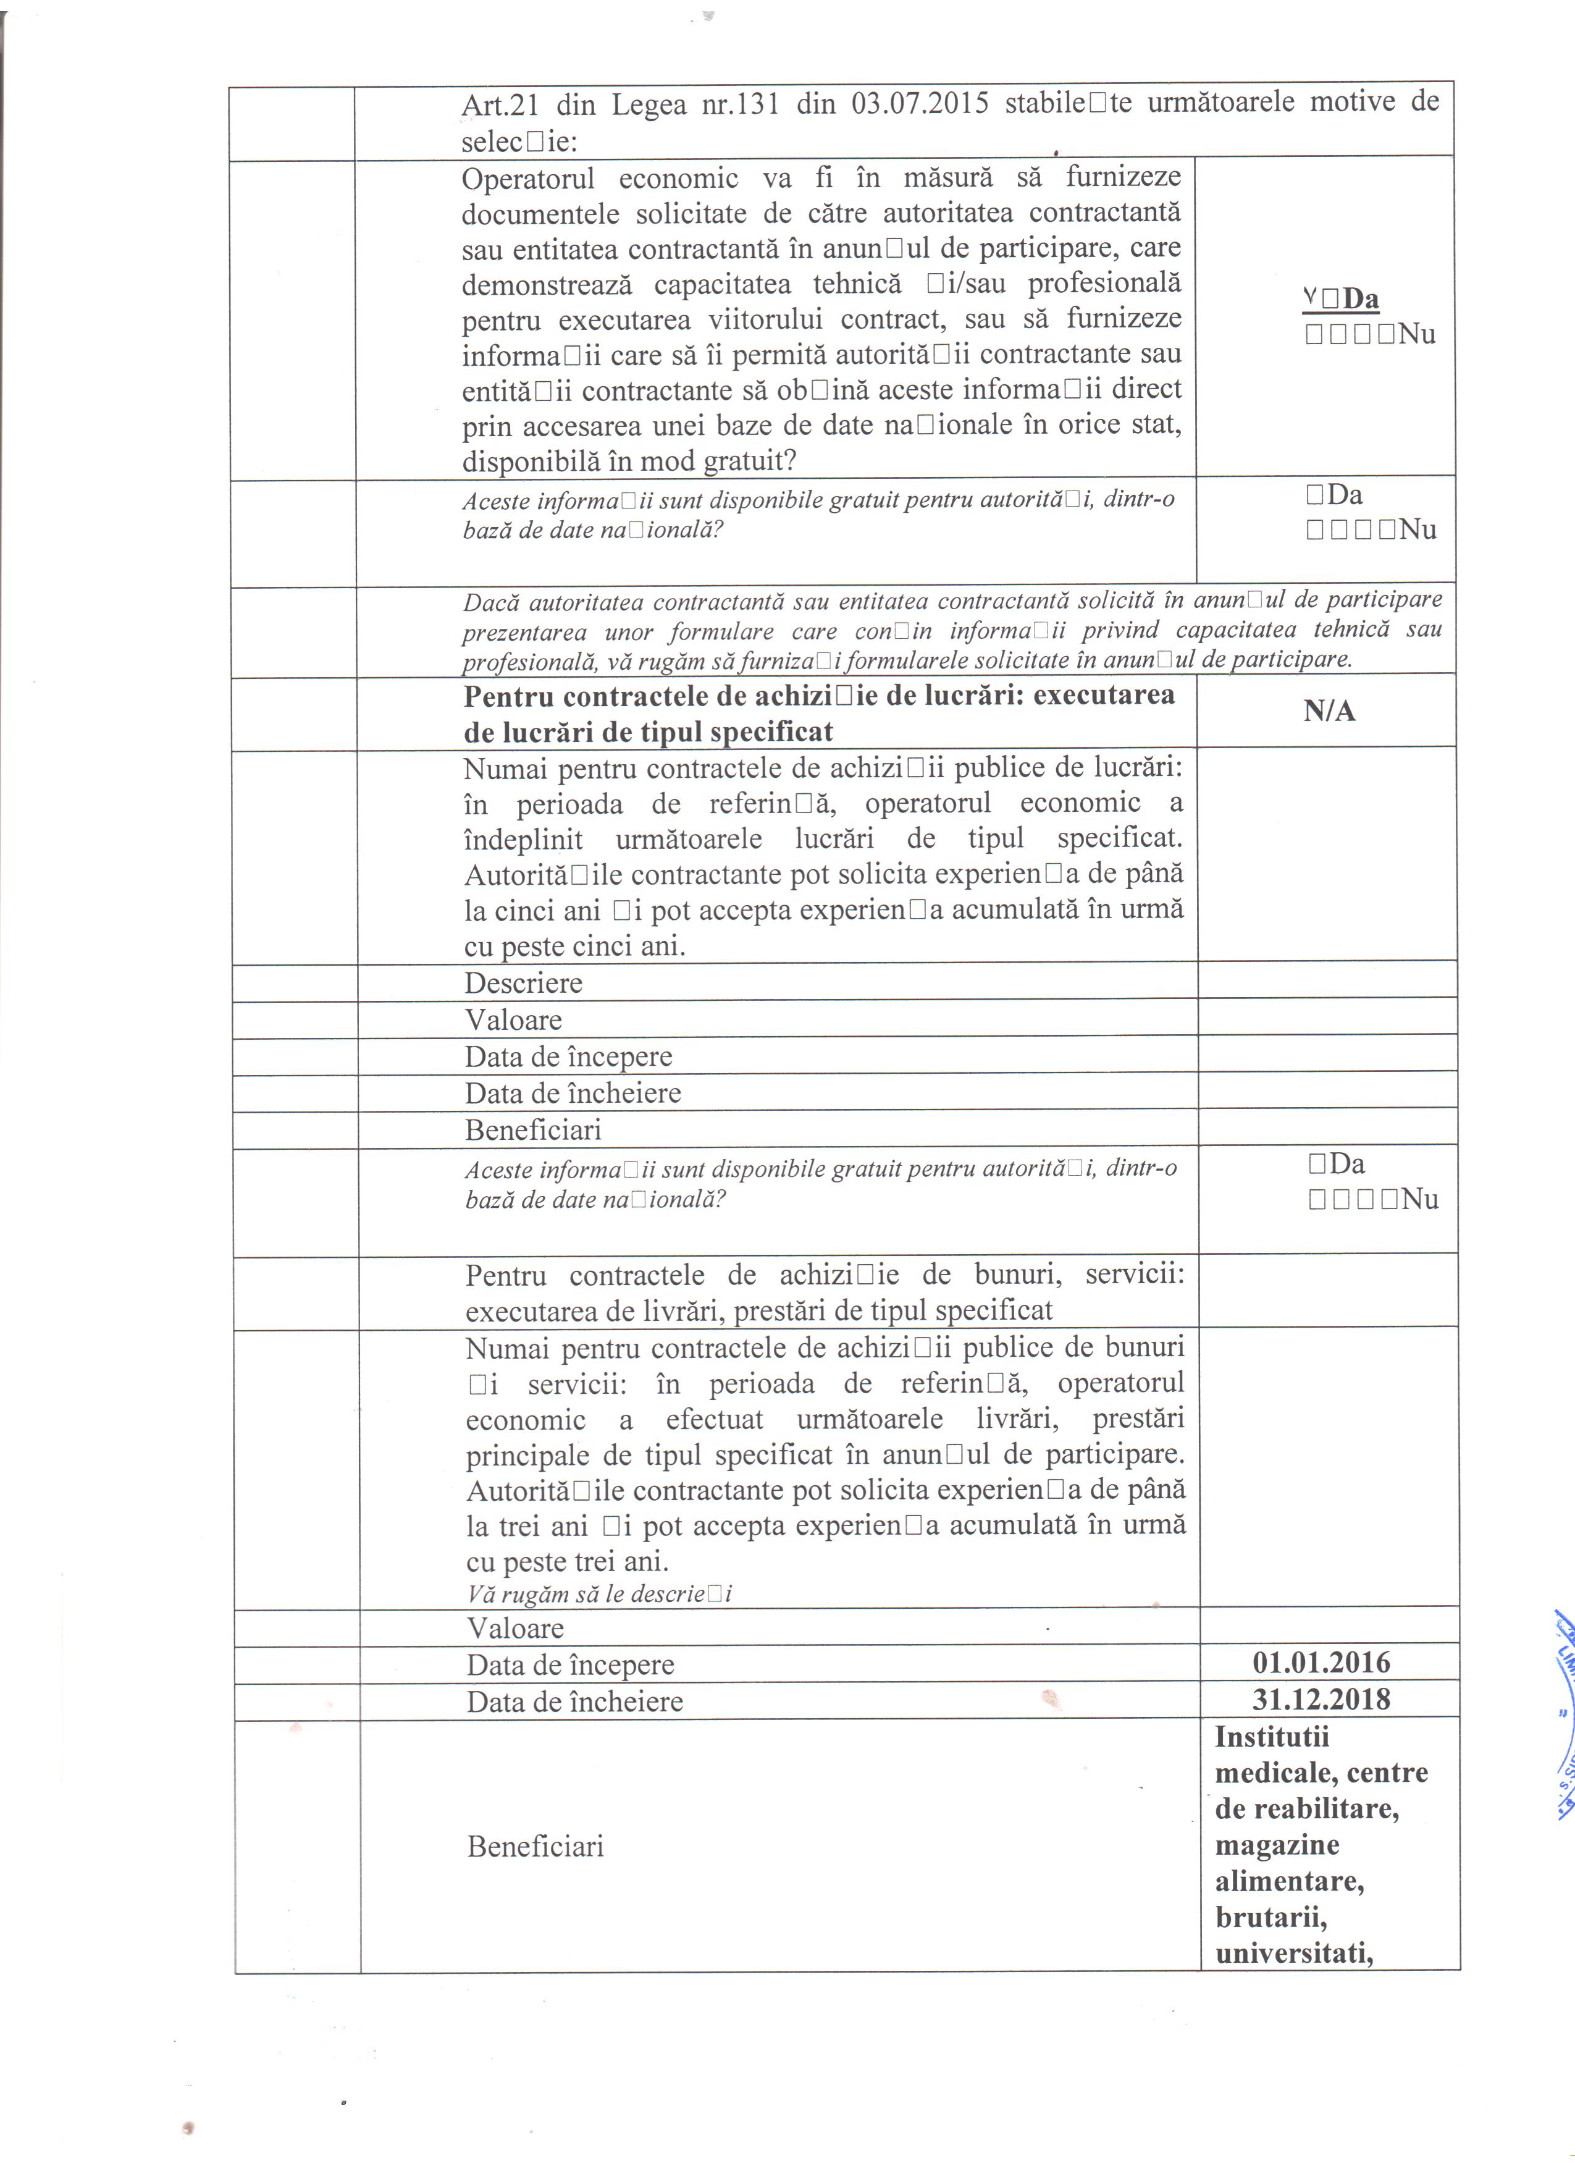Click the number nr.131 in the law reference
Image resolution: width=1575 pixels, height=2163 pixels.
click(x=740, y=103)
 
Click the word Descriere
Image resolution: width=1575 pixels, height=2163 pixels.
click(x=523, y=984)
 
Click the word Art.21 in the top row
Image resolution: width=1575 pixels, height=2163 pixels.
click(x=500, y=105)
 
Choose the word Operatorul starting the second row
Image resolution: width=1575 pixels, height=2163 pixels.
click(x=527, y=179)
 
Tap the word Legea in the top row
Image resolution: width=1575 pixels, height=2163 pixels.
click(x=649, y=103)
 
